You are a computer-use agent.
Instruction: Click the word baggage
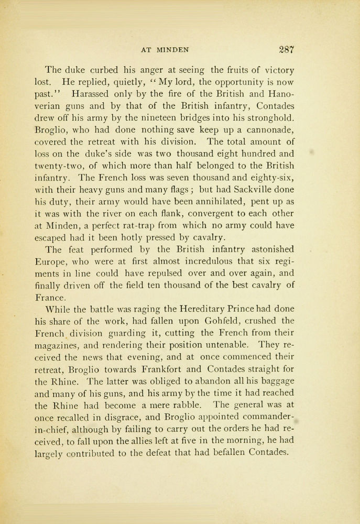(x=274, y=380)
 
